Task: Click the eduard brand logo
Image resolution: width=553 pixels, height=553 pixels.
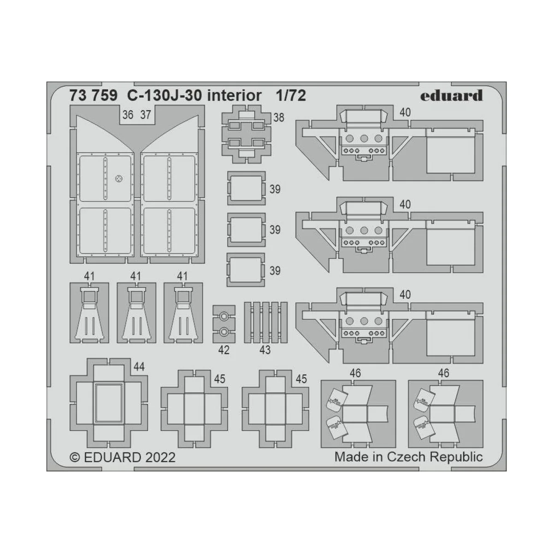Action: click(x=451, y=95)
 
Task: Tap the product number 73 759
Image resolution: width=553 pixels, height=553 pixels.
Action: click(x=92, y=96)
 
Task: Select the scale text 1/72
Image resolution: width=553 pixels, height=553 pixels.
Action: click(x=291, y=96)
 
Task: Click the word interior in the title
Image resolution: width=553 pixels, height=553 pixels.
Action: click(x=233, y=96)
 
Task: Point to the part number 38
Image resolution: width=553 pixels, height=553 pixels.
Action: click(x=278, y=118)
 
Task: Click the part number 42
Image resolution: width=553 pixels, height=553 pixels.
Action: click(x=224, y=350)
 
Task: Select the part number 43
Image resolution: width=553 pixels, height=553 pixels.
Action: click(x=265, y=350)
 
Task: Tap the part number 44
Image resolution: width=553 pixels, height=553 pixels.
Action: click(x=138, y=367)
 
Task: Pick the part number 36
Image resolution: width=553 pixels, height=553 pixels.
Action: click(x=128, y=115)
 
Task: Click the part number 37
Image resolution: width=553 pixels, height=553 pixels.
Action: click(x=145, y=115)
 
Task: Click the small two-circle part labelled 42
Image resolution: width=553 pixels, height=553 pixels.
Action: click(x=224, y=324)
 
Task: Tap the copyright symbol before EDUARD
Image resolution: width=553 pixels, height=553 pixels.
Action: click(x=74, y=458)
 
